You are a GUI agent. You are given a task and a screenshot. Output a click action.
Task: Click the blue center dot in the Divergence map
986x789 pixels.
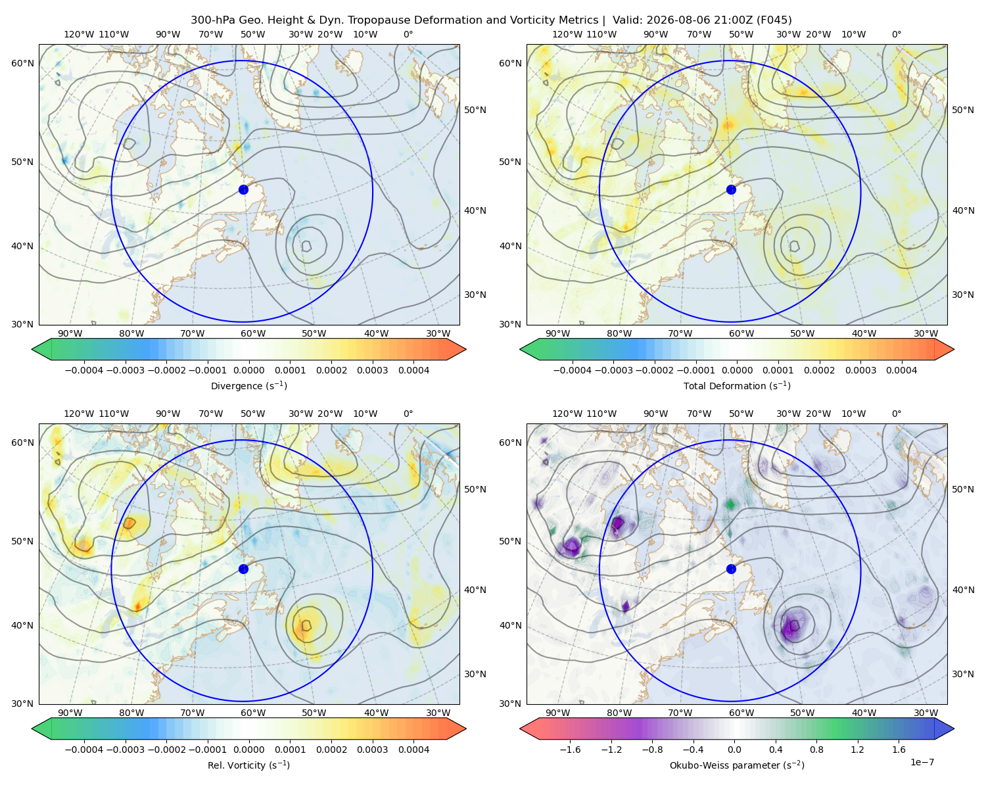point(243,190)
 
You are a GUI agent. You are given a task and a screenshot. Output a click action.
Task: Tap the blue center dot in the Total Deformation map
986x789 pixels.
point(731,190)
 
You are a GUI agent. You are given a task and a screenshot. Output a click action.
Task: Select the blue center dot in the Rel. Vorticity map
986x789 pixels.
point(243,569)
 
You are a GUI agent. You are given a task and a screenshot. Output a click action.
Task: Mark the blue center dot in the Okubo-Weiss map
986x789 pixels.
point(731,569)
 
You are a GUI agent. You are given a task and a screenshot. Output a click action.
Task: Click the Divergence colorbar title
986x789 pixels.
point(248,386)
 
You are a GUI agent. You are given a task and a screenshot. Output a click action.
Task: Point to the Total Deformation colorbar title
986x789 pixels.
point(737,386)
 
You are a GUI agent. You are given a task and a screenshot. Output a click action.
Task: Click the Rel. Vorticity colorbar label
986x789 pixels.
point(248,765)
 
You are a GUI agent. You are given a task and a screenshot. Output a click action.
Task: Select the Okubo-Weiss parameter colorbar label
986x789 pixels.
point(737,765)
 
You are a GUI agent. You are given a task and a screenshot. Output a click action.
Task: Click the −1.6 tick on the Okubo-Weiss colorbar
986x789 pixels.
point(570,750)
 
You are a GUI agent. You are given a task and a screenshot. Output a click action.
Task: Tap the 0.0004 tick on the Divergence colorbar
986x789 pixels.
point(413,370)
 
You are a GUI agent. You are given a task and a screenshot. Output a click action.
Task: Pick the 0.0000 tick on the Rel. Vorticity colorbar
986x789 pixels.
point(248,750)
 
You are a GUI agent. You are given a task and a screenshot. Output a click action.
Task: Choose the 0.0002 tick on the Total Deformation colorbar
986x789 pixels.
point(819,370)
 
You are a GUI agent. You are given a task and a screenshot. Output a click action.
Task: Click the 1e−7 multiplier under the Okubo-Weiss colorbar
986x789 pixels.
point(922,763)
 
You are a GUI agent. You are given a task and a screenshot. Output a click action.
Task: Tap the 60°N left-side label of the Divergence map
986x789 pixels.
point(22,63)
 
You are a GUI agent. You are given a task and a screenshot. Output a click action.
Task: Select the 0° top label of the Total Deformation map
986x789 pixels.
point(897,34)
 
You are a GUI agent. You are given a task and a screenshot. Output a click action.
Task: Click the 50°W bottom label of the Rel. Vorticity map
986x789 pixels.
point(314,713)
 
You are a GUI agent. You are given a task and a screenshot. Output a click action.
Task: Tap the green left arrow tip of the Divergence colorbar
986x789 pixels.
point(33,349)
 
